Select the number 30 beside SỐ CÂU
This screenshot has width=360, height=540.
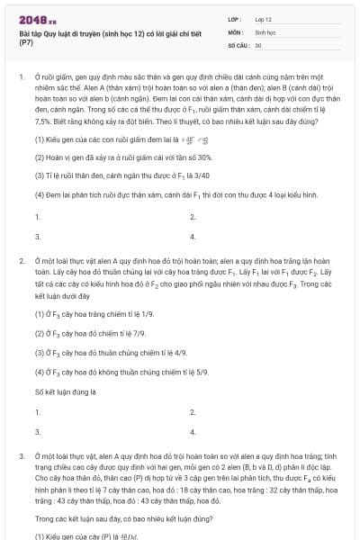tap(258, 44)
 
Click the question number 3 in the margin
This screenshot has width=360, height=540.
tap(22, 457)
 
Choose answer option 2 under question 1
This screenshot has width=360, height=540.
tap(193, 217)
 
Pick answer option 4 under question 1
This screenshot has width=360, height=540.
tap(193, 237)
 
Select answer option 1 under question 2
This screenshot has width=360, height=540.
tap(37, 411)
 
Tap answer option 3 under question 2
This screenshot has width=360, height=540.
tap(37, 431)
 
